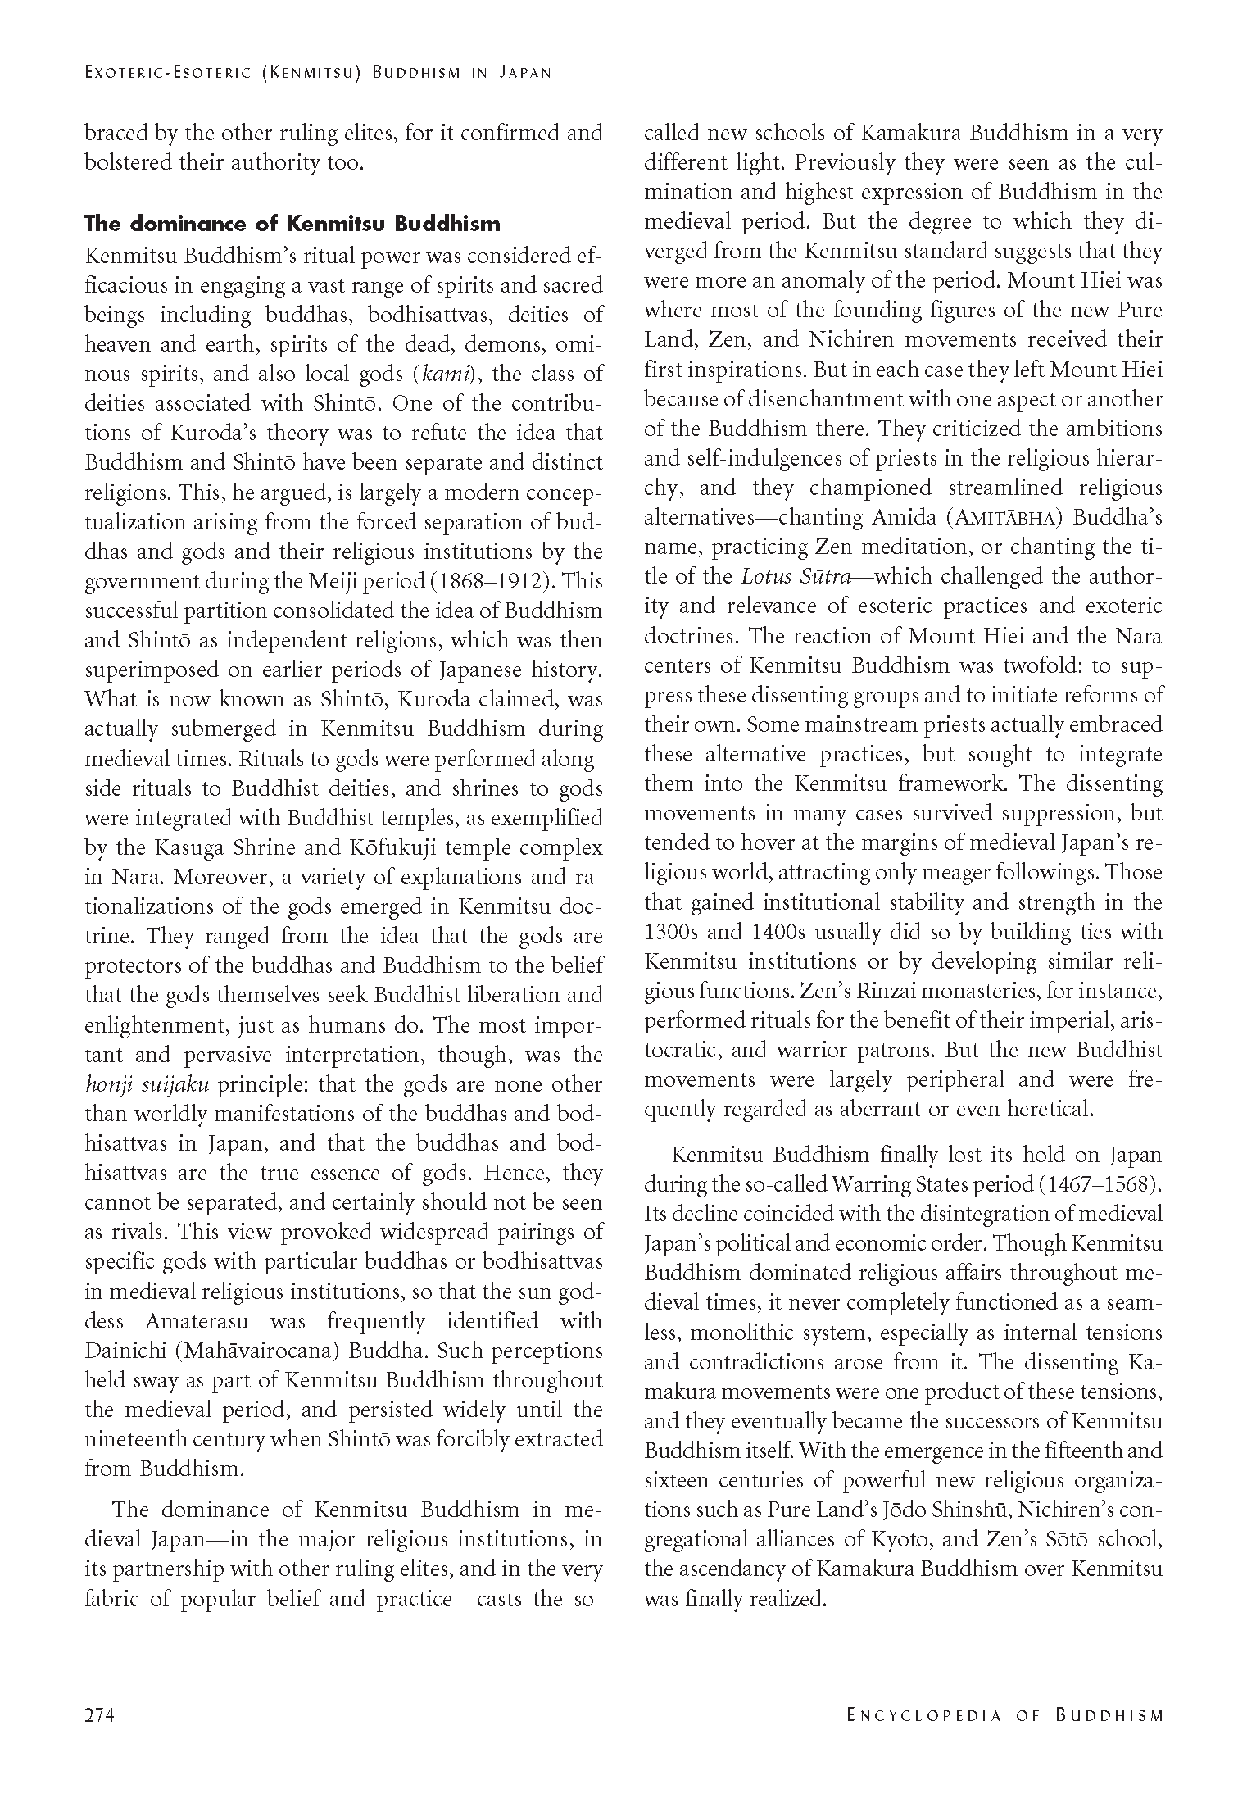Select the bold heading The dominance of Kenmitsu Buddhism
coord(292,224)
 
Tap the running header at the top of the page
coord(318,72)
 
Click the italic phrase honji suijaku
coord(147,1084)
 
